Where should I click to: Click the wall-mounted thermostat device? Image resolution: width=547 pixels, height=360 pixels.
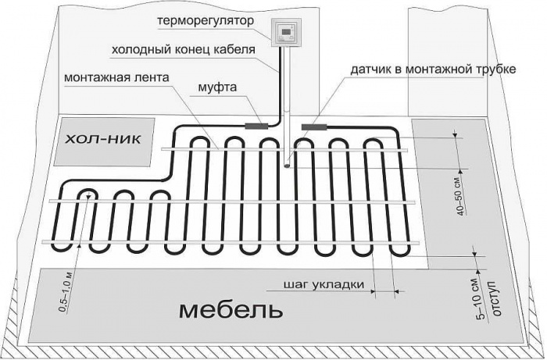(x=287, y=33)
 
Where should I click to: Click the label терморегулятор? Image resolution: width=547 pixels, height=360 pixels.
(x=206, y=21)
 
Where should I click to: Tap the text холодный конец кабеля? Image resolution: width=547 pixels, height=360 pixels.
(x=184, y=50)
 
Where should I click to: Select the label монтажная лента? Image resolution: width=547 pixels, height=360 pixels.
(x=116, y=77)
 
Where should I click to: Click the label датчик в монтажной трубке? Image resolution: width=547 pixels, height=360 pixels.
(x=433, y=70)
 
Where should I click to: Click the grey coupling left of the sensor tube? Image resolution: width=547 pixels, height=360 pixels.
(x=256, y=127)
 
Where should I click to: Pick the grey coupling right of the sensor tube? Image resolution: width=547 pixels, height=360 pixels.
(x=313, y=127)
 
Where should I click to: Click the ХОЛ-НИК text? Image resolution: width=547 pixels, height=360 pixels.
(x=104, y=140)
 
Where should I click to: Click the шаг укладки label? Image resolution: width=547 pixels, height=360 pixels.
(x=324, y=285)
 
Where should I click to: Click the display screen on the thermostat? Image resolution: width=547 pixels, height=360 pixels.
(x=287, y=31)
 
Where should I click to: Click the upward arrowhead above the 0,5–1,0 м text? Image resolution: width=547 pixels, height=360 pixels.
(x=80, y=246)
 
